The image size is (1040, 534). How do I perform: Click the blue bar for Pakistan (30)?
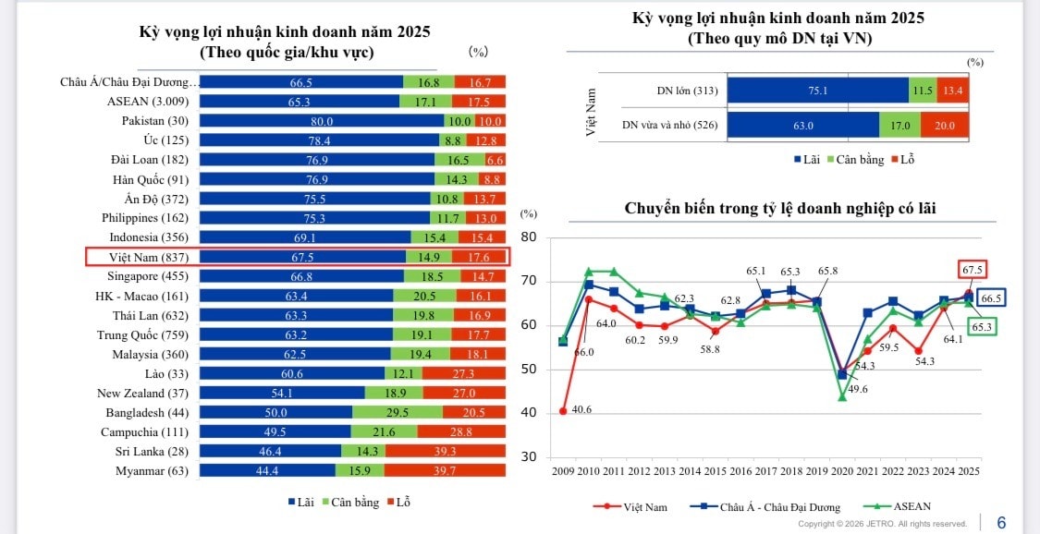coord(321,121)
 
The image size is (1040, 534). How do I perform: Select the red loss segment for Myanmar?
coord(446,470)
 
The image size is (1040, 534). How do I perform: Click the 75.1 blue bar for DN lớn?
coord(817,91)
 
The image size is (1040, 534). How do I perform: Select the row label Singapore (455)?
coord(148,276)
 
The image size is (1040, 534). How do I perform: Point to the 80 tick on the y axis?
coord(529,237)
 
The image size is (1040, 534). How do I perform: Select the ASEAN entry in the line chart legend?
coord(911,506)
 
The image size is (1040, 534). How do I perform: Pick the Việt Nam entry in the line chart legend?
coord(644,506)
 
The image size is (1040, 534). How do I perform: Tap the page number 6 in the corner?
coord(1001,523)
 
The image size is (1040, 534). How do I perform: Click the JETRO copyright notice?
coord(882,524)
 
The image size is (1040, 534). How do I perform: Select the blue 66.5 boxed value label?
coord(990,297)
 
